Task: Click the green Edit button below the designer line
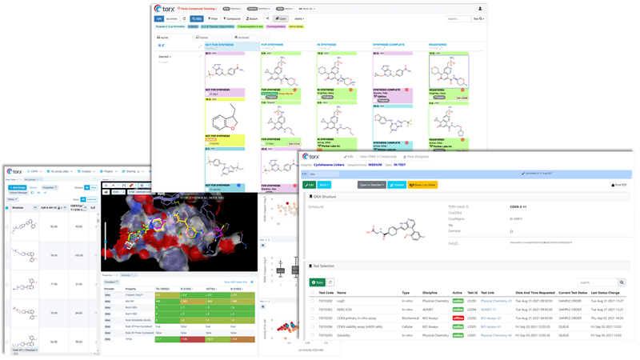coord(310,185)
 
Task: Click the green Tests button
coord(318,282)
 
